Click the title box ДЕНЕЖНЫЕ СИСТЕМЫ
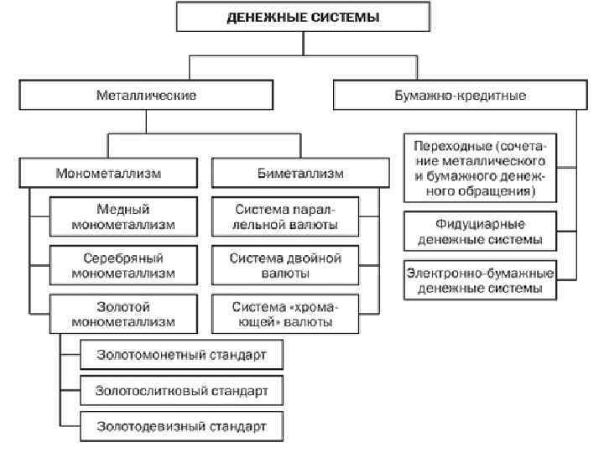(x=304, y=18)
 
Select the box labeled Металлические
(x=145, y=95)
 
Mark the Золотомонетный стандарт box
(x=181, y=356)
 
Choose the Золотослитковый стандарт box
(x=181, y=390)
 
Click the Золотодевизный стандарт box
(x=181, y=425)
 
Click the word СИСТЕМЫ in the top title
(x=345, y=18)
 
